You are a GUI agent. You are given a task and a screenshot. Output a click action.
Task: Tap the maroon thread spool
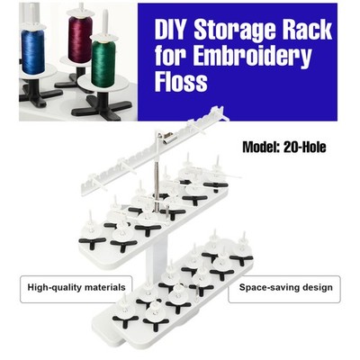coord(80,39)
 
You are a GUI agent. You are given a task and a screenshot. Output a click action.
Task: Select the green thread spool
coord(103,64)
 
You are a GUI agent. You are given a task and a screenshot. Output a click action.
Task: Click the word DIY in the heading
coord(170,29)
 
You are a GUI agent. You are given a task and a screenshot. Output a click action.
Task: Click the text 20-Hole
coord(304,147)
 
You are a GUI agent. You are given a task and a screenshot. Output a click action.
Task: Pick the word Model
coord(261,147)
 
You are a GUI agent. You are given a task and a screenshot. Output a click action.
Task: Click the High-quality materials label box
coord(76,289)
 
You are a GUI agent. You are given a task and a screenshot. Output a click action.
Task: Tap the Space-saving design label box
coord(284,289)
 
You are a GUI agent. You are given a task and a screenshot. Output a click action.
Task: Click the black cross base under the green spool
coord(102,106)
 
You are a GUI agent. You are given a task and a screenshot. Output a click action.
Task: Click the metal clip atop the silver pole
coord(168,138)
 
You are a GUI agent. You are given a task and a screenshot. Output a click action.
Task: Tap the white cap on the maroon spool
coord(80,13)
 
